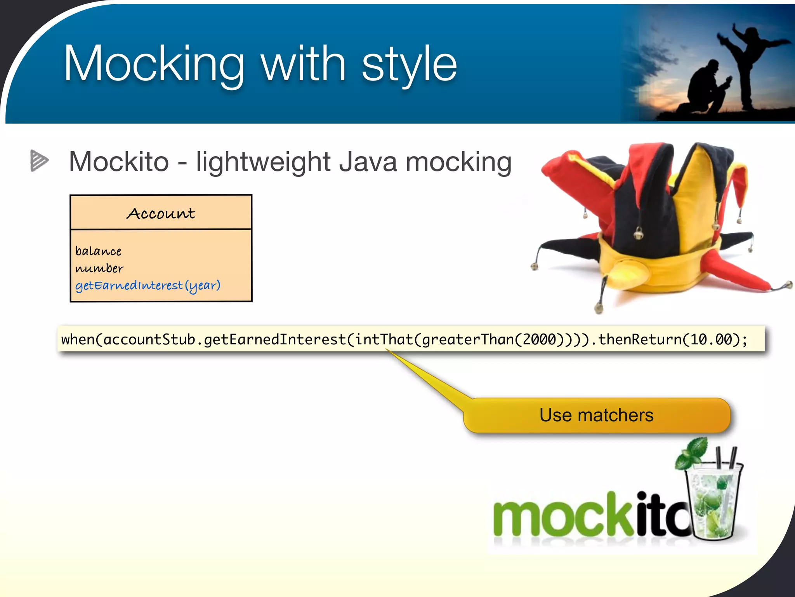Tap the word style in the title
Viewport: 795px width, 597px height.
click(x=409, y=64)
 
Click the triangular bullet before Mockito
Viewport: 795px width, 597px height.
click(x=39, y=161)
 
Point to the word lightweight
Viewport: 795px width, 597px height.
click(x=263, y=162)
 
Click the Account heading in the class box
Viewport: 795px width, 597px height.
click(x=161, y=213)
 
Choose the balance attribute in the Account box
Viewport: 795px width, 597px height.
click(x=98, y=251)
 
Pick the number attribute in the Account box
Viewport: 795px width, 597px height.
click(x=99, y=268)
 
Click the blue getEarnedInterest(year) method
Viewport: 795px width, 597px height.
click(x=148, y=286)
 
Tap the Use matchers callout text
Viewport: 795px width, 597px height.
click(x=596, y=415)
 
